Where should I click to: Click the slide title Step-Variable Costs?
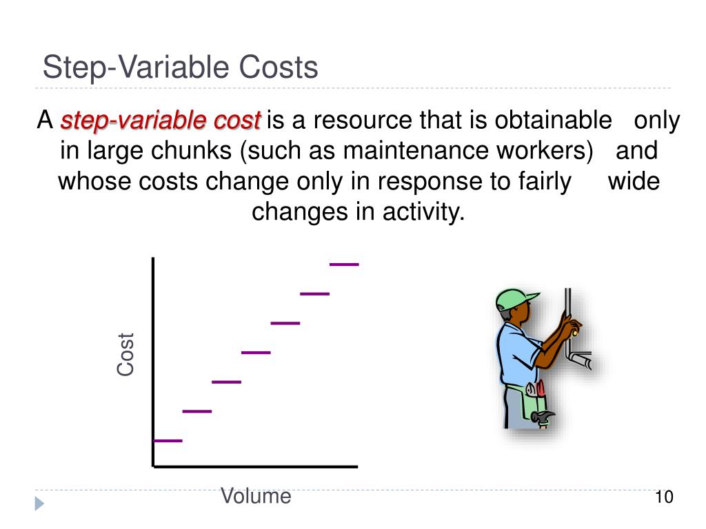(x=180, y=68)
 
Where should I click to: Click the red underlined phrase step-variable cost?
(x=161, y=121)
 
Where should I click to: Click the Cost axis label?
(x=125, y=354)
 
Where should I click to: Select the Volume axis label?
(x=256, y=496)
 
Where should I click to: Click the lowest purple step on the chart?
(x=168, y=440)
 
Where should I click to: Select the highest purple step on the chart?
(x=344, y=264)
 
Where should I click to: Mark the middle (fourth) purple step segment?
(x=256, y=352)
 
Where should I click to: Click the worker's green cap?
(x=514, y=298)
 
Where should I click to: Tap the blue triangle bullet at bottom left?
(x=39, y=504)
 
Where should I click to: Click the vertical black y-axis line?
(x=152, y=358)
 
